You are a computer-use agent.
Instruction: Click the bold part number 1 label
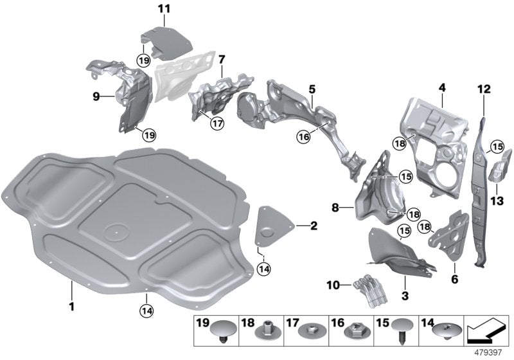[x=72, y=307]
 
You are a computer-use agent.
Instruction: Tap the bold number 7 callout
[x=221, y=59]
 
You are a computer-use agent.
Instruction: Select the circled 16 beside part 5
[x=303, y=136]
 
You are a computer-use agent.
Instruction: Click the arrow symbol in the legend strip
[x=486, y=331]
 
